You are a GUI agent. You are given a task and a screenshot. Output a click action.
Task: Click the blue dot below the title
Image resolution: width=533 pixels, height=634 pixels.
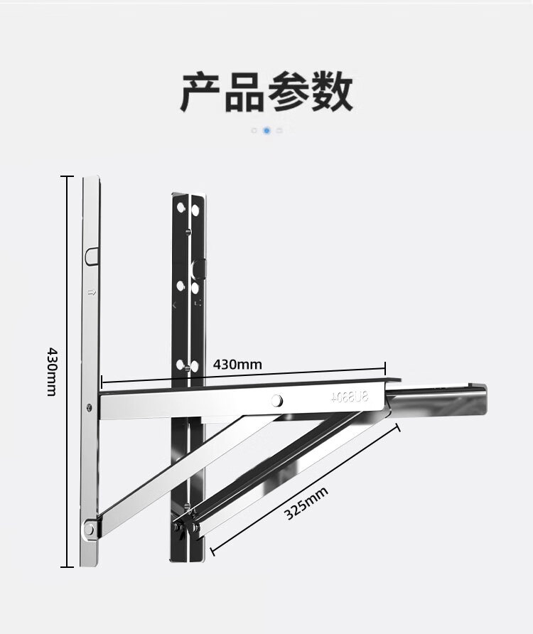pos(266,131)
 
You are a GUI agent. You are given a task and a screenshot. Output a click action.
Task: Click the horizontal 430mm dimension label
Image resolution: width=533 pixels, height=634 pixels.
pos(237,365)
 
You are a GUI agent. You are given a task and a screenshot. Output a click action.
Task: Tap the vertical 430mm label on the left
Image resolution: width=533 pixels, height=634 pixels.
pos(50,371)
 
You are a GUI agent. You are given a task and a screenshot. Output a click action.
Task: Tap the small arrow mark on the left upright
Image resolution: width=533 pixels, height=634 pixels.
pos(90,291)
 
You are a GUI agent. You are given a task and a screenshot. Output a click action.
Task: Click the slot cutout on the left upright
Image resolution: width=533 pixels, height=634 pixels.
pos(90,254)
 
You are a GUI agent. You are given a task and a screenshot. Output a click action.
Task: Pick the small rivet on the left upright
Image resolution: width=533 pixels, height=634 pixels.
pos(88,407)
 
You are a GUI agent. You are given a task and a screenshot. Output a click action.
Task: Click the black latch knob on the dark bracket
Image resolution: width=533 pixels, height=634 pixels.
pos(201,268)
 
